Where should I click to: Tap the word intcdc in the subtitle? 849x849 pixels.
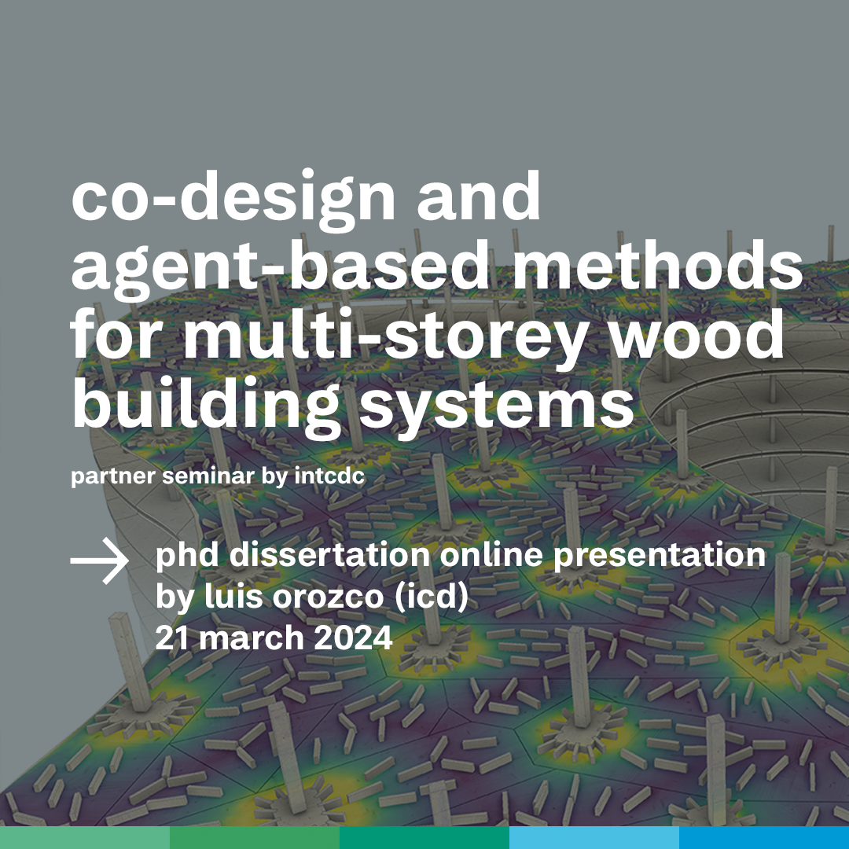tap(329, 476)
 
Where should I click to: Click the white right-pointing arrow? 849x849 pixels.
tap(100, 560)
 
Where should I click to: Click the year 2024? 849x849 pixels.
tap(353, 638)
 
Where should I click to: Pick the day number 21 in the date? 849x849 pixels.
tap(172, 638)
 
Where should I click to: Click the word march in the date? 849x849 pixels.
tap(252, 638)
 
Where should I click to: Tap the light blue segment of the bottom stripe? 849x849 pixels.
tap(594, 838)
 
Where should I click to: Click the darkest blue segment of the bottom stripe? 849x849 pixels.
tap(764, 838)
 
